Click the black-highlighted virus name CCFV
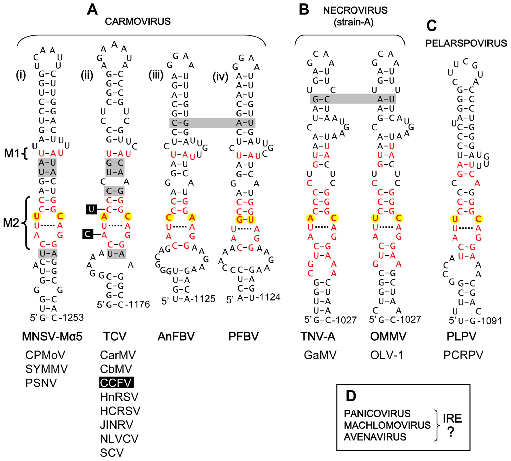point(116,382)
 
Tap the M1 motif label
point(12,153)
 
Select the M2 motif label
point(11,223)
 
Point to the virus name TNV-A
point(318,337)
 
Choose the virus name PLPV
point(461,337)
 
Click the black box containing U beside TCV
point(91,209)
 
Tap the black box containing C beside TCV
point(87,234)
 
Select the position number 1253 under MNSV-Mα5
point(72,317)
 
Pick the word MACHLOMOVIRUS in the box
point(387,425)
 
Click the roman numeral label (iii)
point(156,75)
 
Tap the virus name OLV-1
point(386,355)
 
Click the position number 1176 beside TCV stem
point(139,304)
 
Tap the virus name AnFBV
point(176,337)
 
